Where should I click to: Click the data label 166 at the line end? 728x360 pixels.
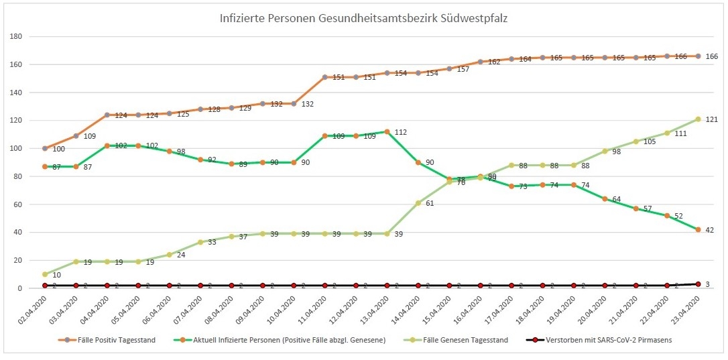(712, 57)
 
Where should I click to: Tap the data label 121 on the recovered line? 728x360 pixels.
(712, 120)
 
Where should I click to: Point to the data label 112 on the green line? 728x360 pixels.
(401, 131)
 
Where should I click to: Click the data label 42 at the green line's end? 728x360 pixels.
(710, 230)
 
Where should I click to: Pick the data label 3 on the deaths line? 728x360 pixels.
(708, 284)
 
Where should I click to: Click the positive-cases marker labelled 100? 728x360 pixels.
(45, 148)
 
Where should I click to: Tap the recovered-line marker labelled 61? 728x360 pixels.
(418, 202)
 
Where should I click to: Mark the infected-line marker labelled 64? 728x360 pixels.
(605, 198)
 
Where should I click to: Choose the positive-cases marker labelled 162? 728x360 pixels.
(480, 62)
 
